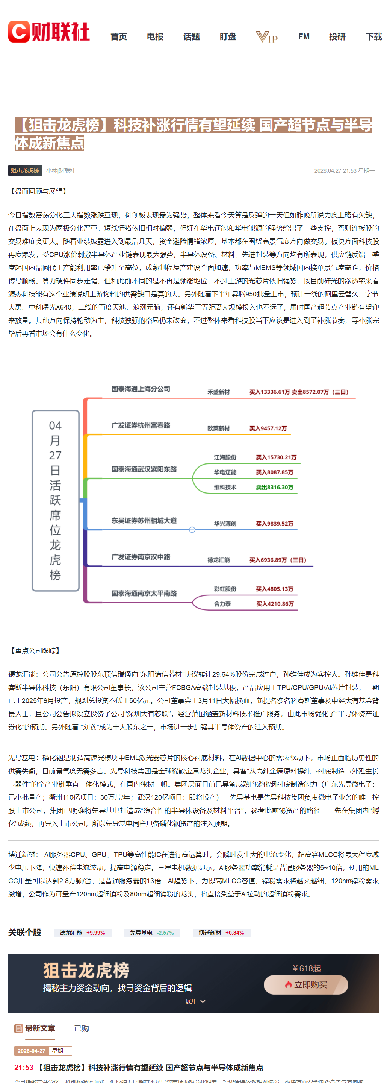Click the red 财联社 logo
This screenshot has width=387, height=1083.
(49, 32)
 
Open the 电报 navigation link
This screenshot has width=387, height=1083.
(155, 37)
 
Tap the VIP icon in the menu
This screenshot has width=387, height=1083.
(266, 37)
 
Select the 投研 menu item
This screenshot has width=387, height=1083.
(337, 37)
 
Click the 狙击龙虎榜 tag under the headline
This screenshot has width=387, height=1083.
(25, 170)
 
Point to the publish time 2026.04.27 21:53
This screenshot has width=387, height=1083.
(336, 171)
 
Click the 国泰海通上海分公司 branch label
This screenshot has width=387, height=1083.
(141, 389)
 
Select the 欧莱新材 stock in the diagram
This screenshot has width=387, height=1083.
(218, 428)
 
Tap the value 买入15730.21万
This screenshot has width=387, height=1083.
(276, 457)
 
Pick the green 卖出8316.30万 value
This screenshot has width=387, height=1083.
(275, 487)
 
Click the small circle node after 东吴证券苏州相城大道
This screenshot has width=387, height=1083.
(192, 530)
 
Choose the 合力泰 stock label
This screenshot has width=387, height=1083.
(222, 604)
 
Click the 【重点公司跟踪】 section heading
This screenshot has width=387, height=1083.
(35, 651)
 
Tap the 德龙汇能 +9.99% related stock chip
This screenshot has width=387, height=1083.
(83, 933)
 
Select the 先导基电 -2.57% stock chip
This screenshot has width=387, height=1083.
(152, 933)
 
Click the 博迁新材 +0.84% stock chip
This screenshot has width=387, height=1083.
(221, 933)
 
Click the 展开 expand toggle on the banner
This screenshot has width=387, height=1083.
(195, 1001)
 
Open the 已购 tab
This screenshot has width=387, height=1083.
(82, 1028)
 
